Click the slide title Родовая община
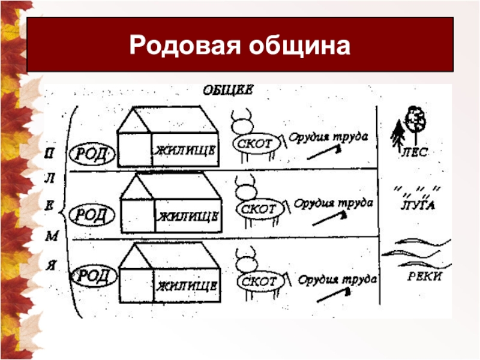tap(239, 46)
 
